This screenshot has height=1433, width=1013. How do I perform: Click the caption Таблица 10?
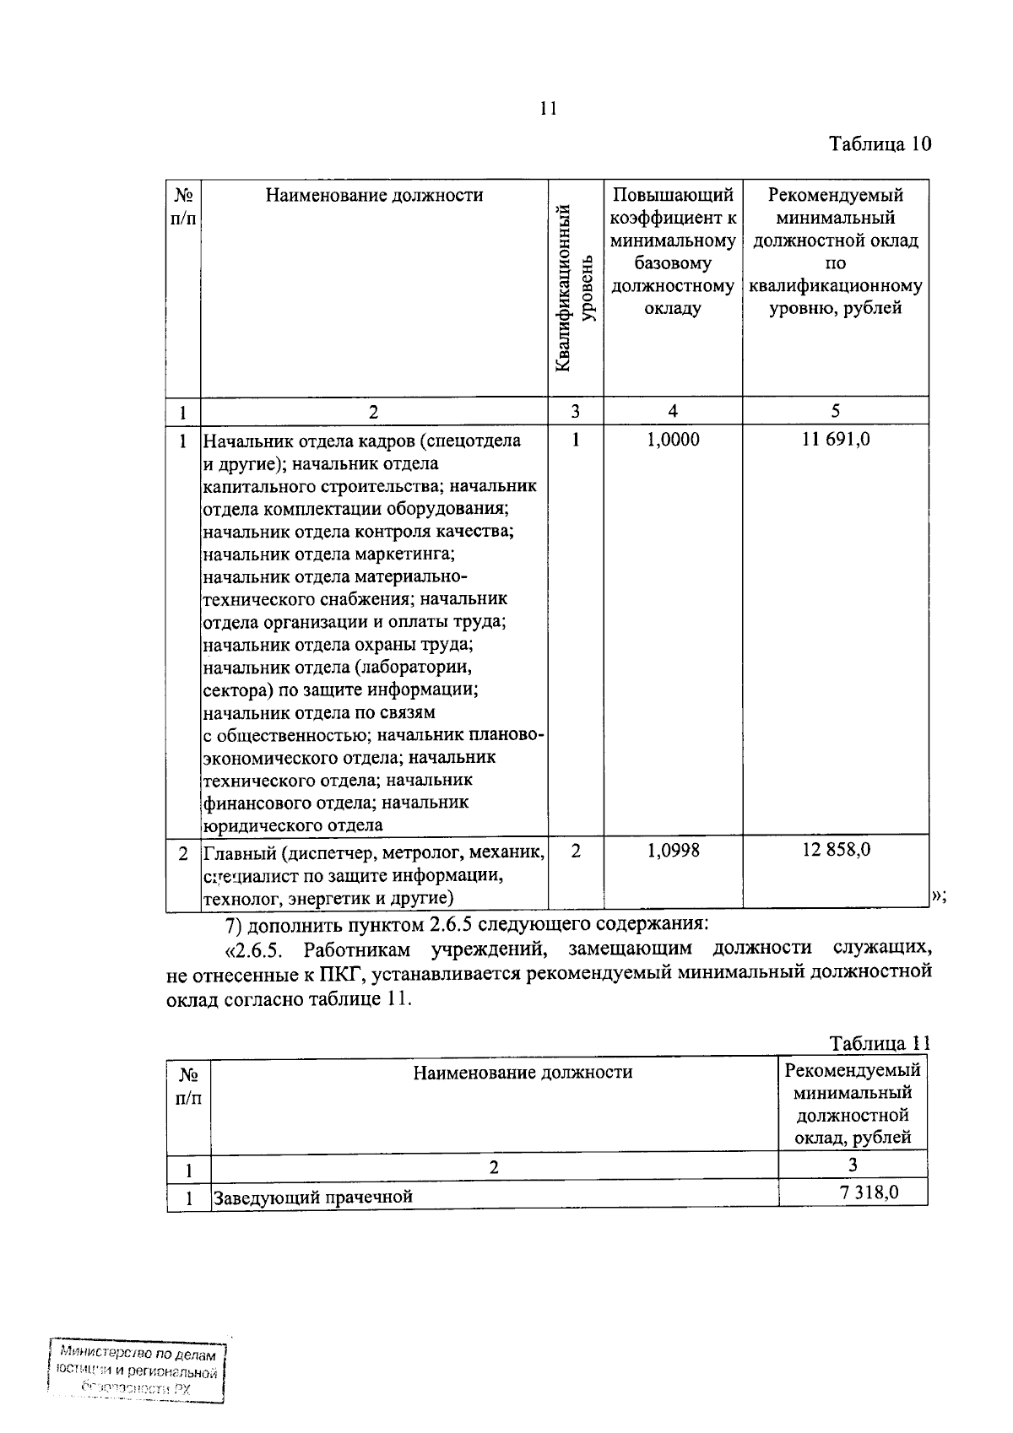(x=880, y=143)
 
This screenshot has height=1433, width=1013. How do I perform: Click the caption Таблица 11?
(x=880, y=1043)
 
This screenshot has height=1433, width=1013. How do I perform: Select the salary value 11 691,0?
(x=836, y=439)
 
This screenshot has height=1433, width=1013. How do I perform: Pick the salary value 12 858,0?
(x=836, y=850)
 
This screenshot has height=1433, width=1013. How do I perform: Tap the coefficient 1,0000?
(x=673, y=439)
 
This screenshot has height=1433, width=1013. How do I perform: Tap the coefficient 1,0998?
(x=673, y=851)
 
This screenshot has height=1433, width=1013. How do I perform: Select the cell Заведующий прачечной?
(x=312, y=1197)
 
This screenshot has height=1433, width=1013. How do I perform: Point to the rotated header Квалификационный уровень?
(x=577, y=287)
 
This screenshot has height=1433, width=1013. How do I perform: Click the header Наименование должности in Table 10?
(x=374, y=196)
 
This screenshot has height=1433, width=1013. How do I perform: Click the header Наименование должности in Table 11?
(x=523, y=1073)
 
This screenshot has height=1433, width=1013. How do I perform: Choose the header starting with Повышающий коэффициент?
(x=673, y=251)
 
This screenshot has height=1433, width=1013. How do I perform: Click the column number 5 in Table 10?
(x=836, y=411)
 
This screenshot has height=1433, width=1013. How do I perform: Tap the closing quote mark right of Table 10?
(x=938, y=896)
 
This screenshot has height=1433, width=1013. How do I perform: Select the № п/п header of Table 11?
(x=188, y=1086)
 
